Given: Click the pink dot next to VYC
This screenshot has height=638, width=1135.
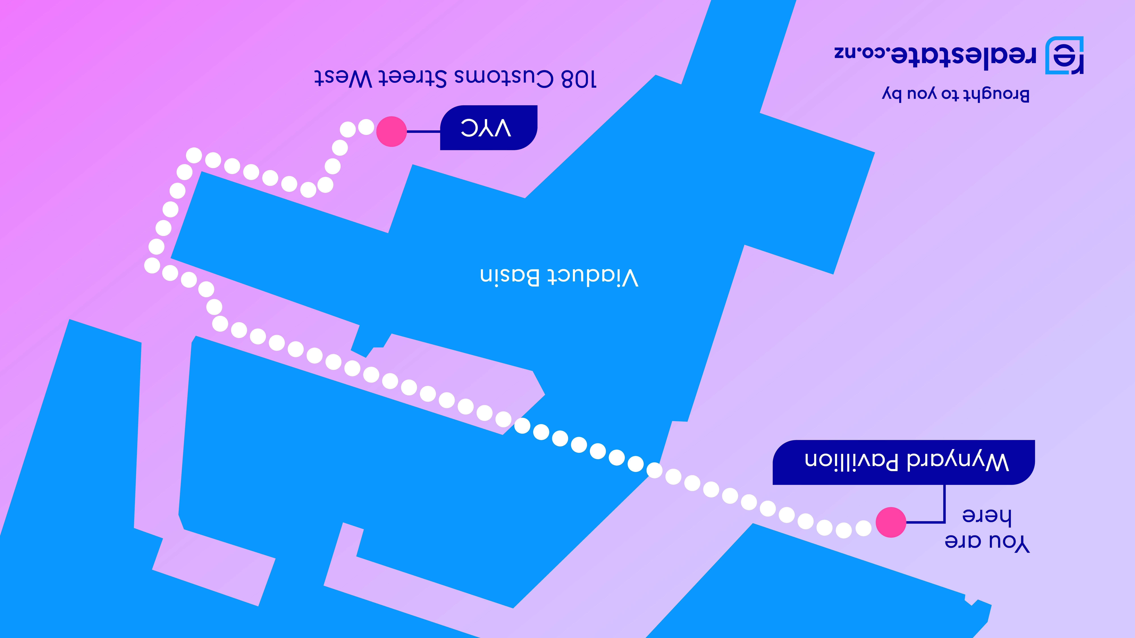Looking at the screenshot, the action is [x=391, y=131].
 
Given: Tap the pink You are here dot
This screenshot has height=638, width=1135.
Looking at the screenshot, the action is [x=890, y=522].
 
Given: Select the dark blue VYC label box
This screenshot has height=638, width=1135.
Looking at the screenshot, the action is [x=488, y=128].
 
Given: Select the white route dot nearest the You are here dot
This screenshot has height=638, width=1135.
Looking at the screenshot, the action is [x=863, y=527].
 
